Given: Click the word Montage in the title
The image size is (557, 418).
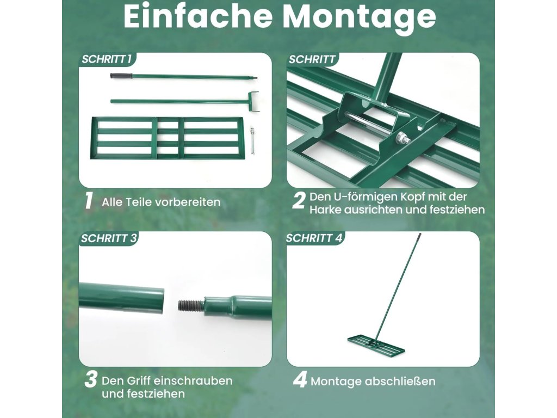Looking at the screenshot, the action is (x=360, y=17).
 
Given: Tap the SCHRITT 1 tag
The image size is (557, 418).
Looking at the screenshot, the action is (x=107, y=59).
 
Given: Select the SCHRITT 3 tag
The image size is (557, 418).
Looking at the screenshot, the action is (x=109, y=238).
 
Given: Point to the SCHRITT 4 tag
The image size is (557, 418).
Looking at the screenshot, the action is (x=314, y=238).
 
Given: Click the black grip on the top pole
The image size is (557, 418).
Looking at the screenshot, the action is (x=121, y=76).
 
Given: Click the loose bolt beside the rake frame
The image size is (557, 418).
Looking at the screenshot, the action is (x=252, y=140).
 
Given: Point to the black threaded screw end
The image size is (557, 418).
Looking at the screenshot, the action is (x=190, y=305).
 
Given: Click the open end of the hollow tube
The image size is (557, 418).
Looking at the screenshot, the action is (x=160, y=300).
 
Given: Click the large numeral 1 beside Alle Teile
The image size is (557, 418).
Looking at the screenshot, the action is (x=89, y=200).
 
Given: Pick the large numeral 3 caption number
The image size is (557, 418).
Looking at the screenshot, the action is (x=91, y=379).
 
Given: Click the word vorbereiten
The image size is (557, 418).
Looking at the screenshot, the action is (x=188, y=202).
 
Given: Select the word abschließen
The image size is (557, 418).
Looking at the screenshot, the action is (x=400, y=381).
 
